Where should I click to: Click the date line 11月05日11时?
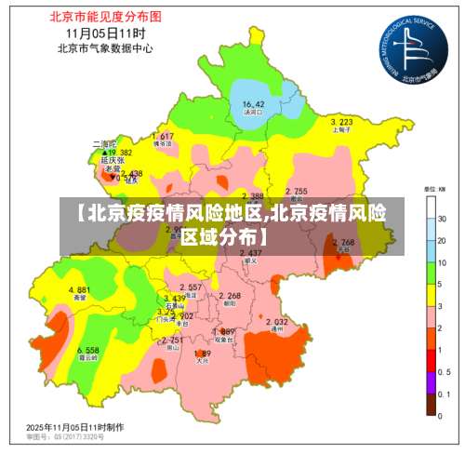pos(103,33)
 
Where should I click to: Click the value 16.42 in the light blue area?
pos(253,104)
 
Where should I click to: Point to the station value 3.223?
pos(341,122)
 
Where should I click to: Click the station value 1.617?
pos(162,137)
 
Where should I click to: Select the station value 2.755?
pos(296,191)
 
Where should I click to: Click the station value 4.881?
pos(79,290)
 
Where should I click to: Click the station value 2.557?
pos(189,287)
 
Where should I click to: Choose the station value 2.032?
pos(276,322)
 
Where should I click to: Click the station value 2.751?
pos(173,340)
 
